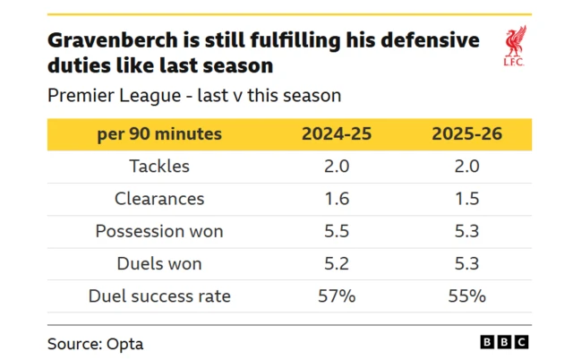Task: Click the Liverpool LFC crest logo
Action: pos(515,47)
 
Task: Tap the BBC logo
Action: pos(504,342)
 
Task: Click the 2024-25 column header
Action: pos(337,134)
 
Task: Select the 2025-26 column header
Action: pos(466,134)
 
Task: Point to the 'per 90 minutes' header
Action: pos(159,134)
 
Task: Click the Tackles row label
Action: pos(159,167)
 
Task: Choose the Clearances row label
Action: pos(159,199)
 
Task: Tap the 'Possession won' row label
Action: pos(159,231)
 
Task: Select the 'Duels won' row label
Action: pos(159,263)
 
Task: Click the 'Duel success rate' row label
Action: pos(159,296)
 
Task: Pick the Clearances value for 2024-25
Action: pos(337,199)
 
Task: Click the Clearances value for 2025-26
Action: pos(466,199)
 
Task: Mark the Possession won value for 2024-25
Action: pos(337,231)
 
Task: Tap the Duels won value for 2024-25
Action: pos(337,263)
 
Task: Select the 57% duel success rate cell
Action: pos(337,296)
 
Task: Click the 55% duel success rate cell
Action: pos(466,296)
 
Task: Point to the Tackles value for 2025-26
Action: pos(466,167)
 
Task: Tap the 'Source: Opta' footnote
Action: pos(95,343)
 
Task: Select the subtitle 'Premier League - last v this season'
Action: pos(194,95)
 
